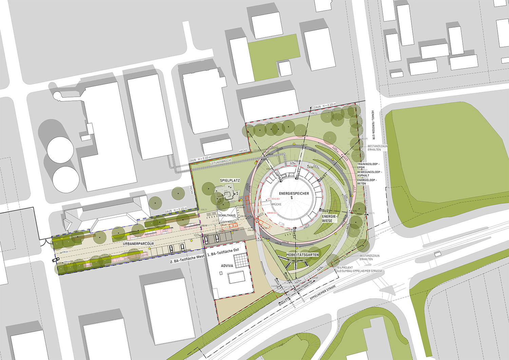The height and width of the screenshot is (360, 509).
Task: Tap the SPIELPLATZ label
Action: pos(230,180)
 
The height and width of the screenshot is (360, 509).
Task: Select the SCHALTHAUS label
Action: pos(227,215)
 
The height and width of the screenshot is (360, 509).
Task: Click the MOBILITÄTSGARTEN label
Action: pos(302,254)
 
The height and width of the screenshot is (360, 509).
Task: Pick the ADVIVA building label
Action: pos(227,266)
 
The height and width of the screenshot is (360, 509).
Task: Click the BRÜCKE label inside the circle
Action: pos(276,204)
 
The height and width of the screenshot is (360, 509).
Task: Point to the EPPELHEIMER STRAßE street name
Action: pos(323,292)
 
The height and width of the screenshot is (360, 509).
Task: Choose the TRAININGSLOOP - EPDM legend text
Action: pos(368,166)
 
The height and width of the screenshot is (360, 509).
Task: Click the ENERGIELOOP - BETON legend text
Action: pos(366,182)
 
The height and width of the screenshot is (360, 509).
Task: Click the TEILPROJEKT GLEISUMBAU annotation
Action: pos(359,269)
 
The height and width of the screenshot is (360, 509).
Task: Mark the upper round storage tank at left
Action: pos(60,149)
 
